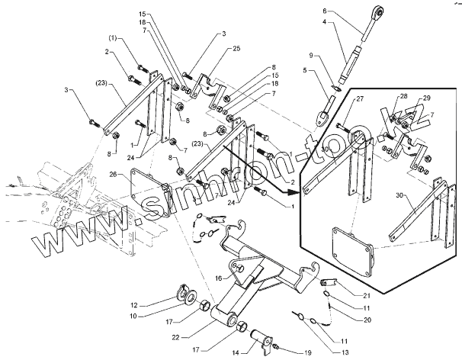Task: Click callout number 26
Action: coord(113,175)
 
